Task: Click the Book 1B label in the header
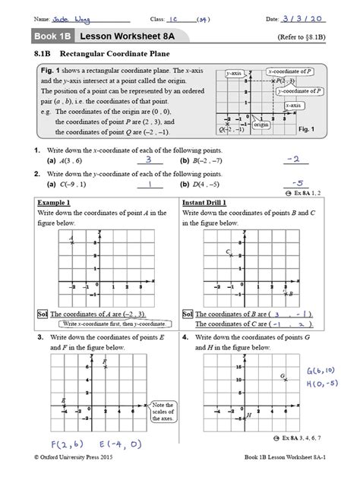pos(49,36)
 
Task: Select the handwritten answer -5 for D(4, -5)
pos(299,183)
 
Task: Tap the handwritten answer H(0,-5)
pos(322,383)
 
